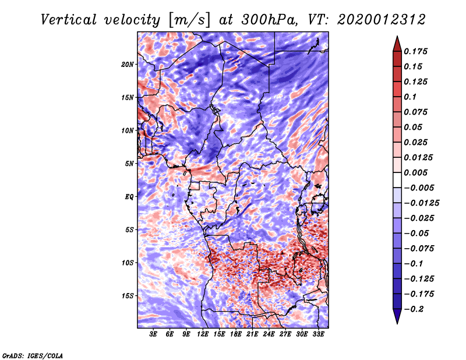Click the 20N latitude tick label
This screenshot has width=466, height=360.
coord(128,64)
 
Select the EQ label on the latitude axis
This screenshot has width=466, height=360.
coord(129,197)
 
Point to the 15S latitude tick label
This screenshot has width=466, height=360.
coord(128,296)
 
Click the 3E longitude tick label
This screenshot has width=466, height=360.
coord(154,334)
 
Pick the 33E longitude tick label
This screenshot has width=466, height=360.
coord(319,334)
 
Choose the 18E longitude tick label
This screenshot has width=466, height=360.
coord(236,334)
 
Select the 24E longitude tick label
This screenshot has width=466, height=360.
coord(269,334)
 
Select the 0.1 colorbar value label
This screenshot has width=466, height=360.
coord(411,97)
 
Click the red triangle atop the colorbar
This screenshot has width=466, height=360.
coord(396,43)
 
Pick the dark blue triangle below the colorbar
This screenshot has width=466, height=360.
coord(396,316)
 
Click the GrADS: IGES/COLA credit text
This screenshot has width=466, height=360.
coord(33,355)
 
